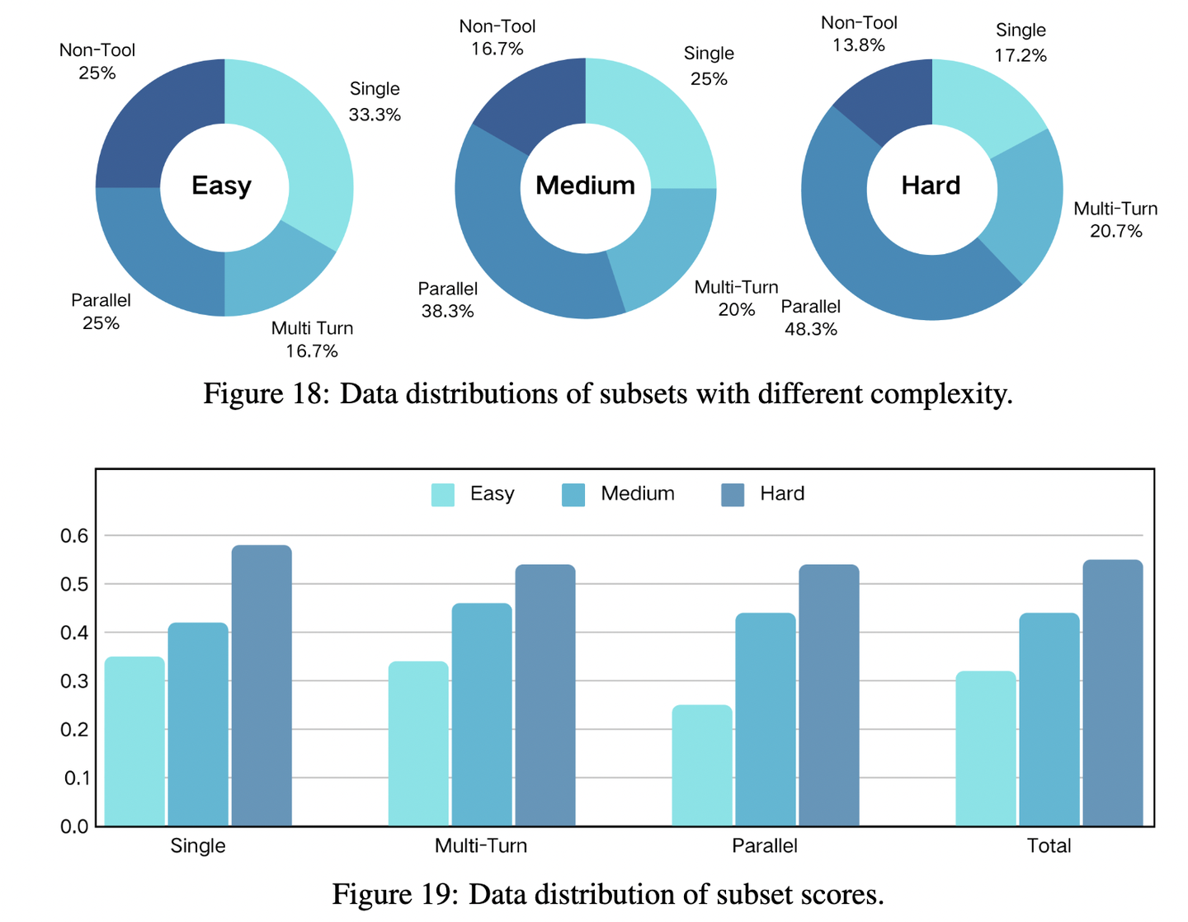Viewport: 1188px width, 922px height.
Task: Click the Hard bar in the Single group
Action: tap(262, 685)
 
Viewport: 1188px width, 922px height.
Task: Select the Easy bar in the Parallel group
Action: tap(702, 765)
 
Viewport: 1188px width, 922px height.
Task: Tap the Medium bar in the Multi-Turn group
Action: tap(482, 714)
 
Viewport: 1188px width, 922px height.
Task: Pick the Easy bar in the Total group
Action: tap(986, 748)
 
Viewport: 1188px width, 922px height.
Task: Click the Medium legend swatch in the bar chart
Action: tap(573, 495)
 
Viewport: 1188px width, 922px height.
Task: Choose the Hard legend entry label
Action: tap(781, 494)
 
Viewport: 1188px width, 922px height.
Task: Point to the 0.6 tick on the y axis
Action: tap(74, 536)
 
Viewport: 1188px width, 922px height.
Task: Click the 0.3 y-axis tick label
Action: tap(74, 681)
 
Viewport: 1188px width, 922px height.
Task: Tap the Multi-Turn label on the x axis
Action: tap(481, 846)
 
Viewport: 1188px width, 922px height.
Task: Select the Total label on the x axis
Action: tap(1049, 846)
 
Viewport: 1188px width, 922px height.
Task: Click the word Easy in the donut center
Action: tap(221, 186)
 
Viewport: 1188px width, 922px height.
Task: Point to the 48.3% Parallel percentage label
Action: tap(811, 330)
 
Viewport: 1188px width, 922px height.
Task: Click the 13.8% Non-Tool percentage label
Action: tap(859, 45)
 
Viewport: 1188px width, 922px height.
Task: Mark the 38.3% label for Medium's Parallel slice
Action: tap(447, 312)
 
